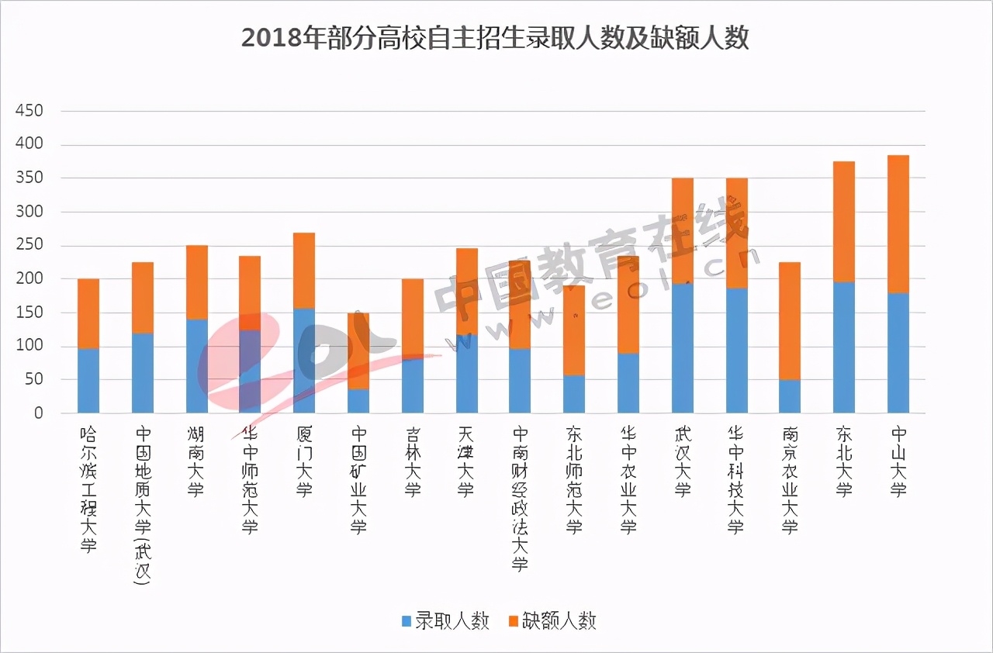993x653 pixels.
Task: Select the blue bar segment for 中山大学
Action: pos(898,353)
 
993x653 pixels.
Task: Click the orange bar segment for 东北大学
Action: pos(843,222)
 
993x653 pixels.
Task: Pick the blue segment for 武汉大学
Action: pos(683,348)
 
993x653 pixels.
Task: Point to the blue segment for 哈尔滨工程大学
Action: pos(88,381)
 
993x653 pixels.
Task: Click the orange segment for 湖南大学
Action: pos(197,282)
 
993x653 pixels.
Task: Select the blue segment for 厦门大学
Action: pos(304,361)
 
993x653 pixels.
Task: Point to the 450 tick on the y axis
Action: pos(29,111)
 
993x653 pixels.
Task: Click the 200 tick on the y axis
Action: pos(29,278)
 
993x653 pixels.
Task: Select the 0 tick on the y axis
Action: pos(38,413)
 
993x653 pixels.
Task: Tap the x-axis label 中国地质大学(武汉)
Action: pos(143,504)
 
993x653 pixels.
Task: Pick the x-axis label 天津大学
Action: pos(465,461)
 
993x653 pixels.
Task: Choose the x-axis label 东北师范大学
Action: pos(574,479)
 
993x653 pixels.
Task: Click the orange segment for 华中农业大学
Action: pos(628,305)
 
